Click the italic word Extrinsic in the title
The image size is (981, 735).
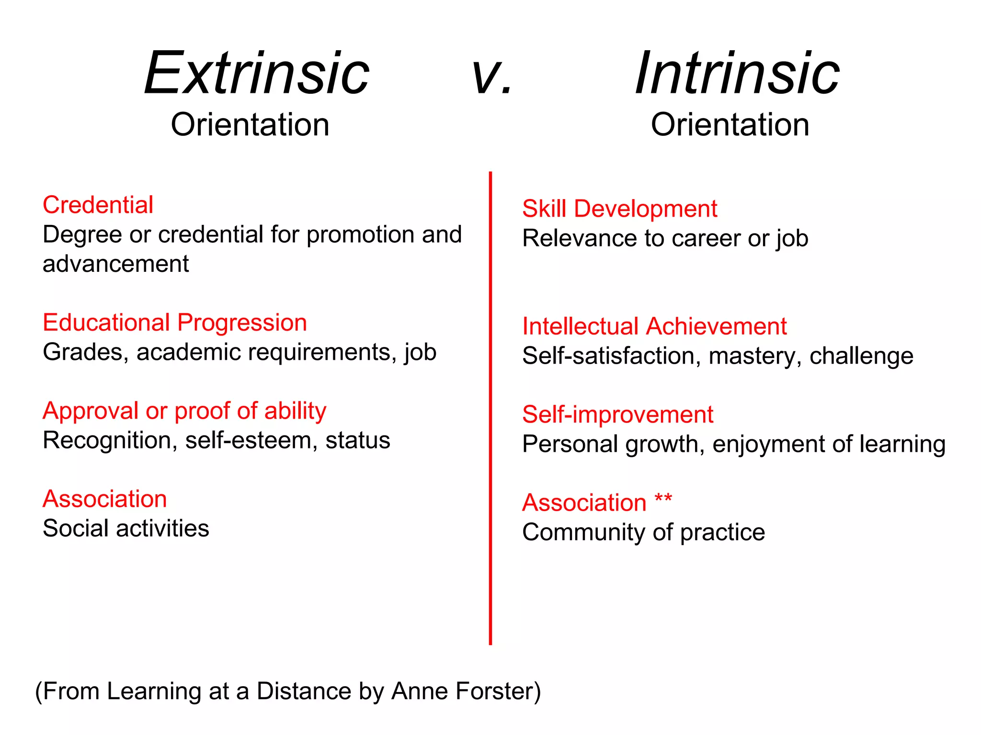(x=257, y=74)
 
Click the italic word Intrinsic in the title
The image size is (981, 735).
(x=737, y=74)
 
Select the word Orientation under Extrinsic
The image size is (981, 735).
(x=250, y=125)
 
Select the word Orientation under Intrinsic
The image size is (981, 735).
(x=730, y=125)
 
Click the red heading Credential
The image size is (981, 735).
(x=98, y=205)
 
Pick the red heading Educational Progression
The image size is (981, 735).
(x=175, y=323)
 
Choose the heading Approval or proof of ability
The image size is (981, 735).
(x=184, y=411)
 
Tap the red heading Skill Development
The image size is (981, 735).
(x=620, y=209)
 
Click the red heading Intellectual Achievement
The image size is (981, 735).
(x=654, y=327)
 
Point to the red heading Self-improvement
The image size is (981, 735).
(x=617, y=415)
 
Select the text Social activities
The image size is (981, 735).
(x=126, y=529)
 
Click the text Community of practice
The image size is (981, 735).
(x=643, y=533)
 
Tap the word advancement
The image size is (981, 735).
(x=116, y=264)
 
